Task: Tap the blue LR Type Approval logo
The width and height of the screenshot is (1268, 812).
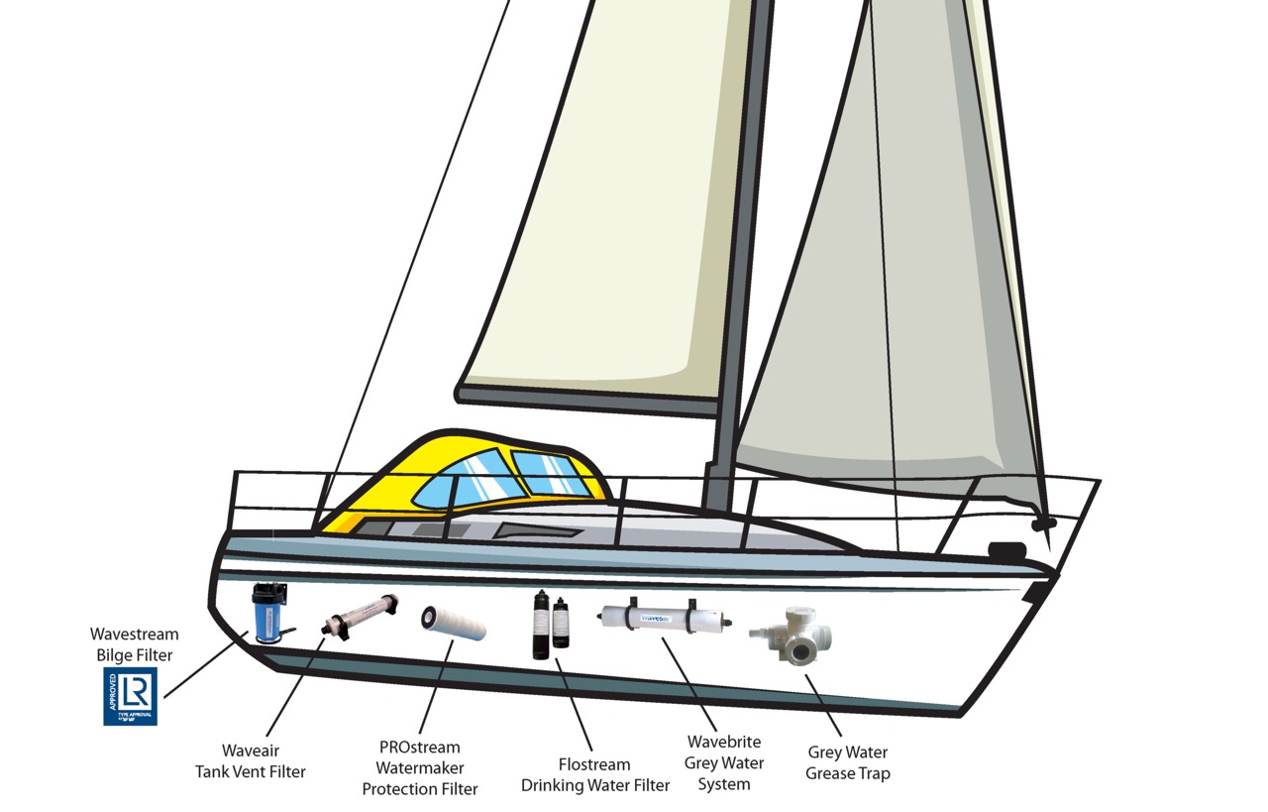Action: [130, 695]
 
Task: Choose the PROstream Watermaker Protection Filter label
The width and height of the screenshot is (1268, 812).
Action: [420, 768]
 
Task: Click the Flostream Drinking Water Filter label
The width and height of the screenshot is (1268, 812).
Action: [595, 775]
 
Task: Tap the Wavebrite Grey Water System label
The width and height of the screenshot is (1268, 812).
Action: [724, 762]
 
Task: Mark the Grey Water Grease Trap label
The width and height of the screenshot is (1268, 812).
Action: [847, 763]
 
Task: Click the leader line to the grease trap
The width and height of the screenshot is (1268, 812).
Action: [825, 707]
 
